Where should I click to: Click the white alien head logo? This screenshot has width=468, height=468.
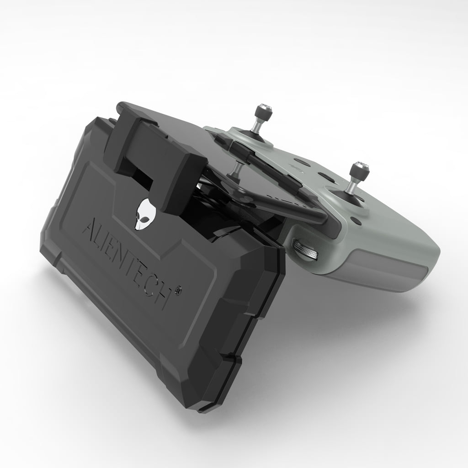[143, 214]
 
